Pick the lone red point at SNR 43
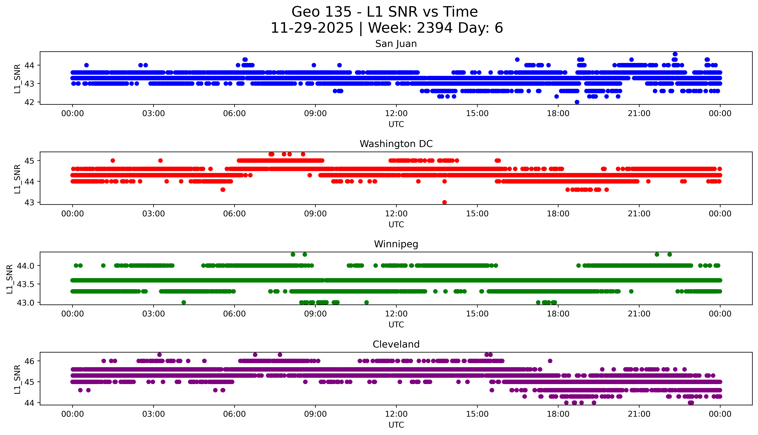point(444,202)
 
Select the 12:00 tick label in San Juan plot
point(396,114)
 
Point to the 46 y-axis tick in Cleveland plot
point(30,361)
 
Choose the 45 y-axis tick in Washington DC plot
point(30,161)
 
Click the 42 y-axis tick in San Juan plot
point(30,102)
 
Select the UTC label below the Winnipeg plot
point(396,325)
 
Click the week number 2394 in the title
point(434,28)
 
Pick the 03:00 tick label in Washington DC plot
point(154,214)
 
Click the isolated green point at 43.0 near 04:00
point(184,302)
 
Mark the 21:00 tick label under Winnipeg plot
point(639,314)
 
